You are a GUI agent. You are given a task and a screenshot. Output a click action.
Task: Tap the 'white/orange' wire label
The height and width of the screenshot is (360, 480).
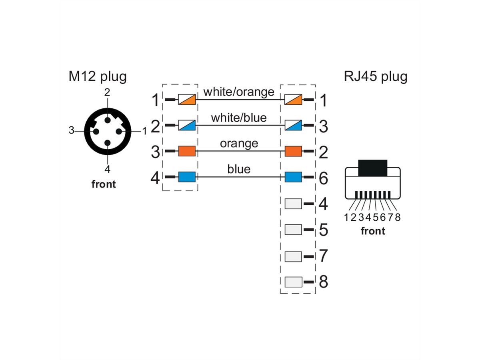239,92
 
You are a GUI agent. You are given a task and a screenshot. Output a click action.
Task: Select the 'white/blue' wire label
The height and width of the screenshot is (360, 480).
239,118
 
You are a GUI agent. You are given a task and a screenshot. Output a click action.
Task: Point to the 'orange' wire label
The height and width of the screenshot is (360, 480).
239,143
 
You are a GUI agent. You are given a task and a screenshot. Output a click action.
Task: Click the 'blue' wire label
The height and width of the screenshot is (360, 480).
239,169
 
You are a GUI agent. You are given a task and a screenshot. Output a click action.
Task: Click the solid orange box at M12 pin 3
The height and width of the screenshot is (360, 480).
187,151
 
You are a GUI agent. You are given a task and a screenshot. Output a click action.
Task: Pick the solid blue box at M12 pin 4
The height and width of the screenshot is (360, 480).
187,177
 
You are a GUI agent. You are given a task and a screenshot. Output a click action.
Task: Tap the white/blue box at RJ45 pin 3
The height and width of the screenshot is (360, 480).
293,126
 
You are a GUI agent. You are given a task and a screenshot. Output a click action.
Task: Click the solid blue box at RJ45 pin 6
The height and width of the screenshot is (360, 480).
293,177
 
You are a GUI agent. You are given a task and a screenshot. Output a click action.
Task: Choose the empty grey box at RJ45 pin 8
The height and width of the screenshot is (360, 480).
293,282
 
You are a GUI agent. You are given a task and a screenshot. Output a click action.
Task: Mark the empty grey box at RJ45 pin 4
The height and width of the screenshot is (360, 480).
293,204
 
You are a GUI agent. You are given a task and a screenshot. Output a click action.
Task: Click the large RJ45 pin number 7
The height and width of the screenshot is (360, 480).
324,256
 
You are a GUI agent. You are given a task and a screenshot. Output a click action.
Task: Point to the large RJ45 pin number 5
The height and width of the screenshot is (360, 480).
324,230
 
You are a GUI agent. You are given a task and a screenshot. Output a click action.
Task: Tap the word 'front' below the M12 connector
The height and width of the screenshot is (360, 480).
104,184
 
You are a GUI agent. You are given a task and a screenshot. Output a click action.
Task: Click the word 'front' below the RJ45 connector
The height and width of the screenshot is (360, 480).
373,231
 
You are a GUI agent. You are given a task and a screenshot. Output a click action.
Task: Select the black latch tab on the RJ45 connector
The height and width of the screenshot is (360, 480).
373,168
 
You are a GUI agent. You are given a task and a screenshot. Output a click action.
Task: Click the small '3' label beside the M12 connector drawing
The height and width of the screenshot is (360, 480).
71,130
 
